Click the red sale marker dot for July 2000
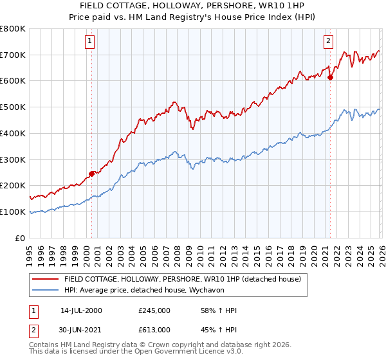point(92,173)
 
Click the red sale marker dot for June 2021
point(330,77)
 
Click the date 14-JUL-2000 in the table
point(81,310)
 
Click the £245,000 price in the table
point(154,310)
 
